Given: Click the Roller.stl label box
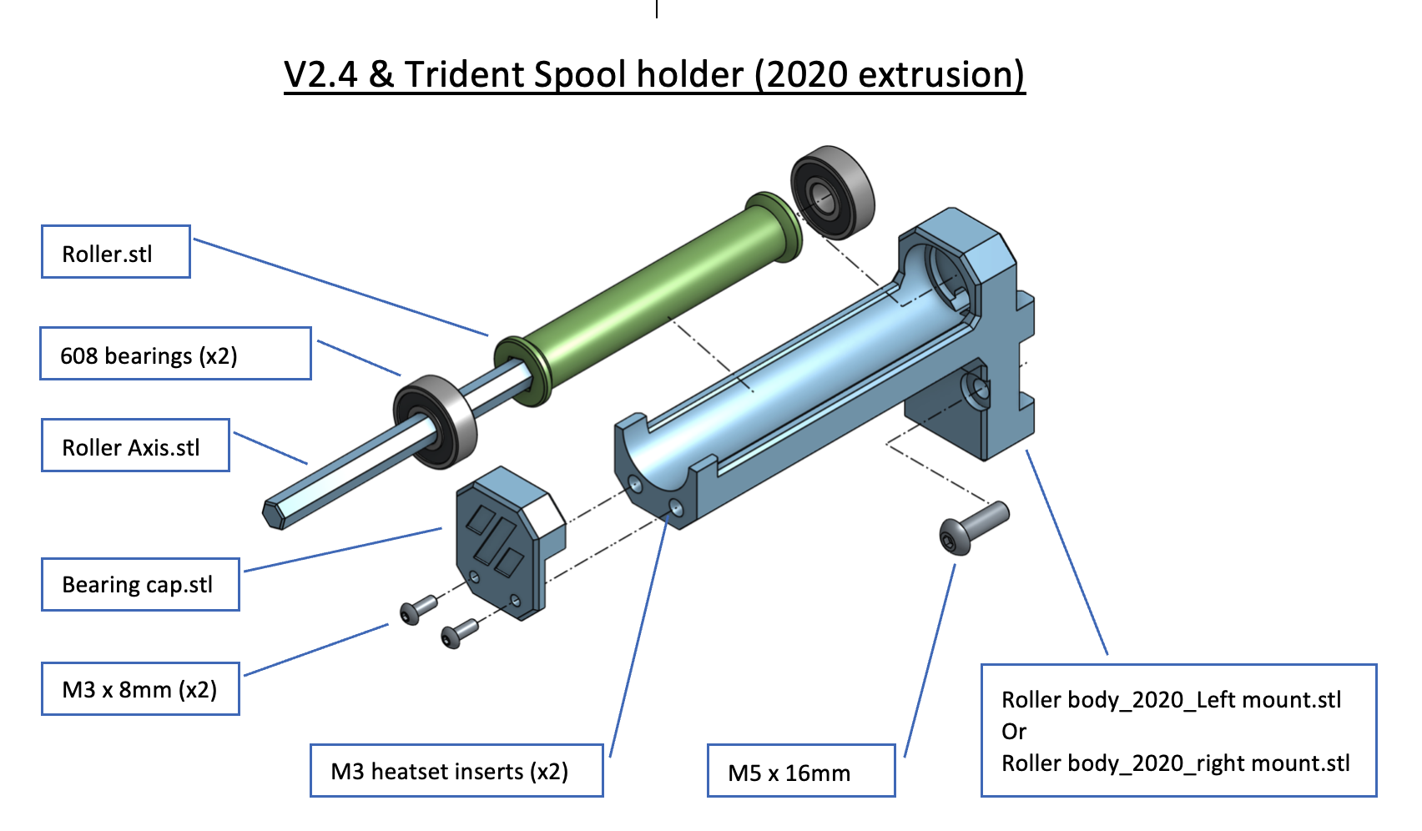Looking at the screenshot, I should [116, 252].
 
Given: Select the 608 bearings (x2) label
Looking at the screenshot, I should [175, 355].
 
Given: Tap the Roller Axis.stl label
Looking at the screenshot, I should [135, 446].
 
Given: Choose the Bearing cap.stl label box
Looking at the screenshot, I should [140, 584].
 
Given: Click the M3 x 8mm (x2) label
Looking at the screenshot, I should [140, 689].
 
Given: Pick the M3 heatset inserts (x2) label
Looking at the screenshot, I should [456, 771].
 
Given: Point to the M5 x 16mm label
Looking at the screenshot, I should [800, 772].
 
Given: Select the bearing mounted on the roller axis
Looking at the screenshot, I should [435, 421].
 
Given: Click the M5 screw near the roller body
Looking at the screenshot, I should [972, 526].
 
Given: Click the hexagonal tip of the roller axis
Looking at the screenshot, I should [275, 514].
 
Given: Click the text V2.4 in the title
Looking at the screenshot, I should [320, 75].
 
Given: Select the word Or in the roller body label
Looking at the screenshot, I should [1014, 732].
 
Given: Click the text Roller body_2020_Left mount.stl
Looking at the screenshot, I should [1171, 700].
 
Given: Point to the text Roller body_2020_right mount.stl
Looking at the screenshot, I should [1175, 763].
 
